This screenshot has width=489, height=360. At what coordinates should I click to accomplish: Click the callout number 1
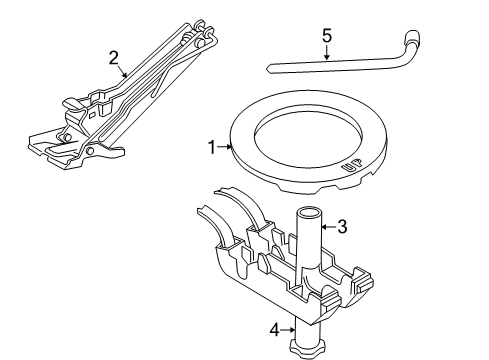(x=211, y=148)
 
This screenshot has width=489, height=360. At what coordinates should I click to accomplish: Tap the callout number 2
(x=114, y=57)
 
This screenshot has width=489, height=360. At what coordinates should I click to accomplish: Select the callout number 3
(x=342, y=227)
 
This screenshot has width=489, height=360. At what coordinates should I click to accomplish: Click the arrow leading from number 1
(x=225, y=148)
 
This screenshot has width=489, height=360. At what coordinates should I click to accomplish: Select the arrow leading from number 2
(x=122, y=69)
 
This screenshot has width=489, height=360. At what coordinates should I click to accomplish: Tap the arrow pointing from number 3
(x=328, y=227)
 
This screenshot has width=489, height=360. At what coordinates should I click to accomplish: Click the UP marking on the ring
(x=351, y=169)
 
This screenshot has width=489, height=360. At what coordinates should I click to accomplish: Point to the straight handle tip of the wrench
(x=273, y=70)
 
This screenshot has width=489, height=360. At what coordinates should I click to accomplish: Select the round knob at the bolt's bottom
(x=303, y=348)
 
